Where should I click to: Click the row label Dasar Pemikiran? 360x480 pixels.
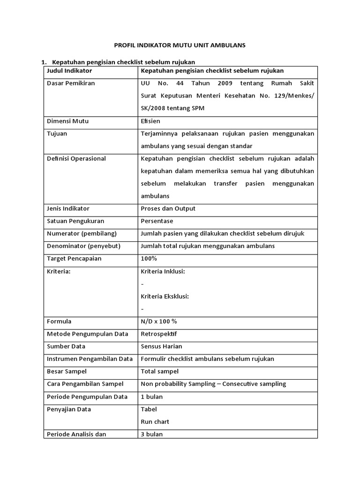[71, 83]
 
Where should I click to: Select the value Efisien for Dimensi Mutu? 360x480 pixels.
[150, 121]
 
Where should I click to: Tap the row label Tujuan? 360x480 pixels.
[57, 134]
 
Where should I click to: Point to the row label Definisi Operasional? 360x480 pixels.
[76, 158]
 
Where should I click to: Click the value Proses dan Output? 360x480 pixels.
[168, 209]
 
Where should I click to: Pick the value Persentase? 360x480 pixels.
[157, 221]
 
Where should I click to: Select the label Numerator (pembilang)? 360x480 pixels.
[82, 233]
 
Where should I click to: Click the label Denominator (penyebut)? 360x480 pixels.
[84, 246]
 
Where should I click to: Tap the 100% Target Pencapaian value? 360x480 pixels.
[149, 258]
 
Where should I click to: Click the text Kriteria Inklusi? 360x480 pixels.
[163, 271]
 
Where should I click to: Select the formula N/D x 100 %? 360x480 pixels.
[159, 322]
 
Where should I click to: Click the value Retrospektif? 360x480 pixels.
[159, 334]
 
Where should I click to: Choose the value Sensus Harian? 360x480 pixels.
[162, 346]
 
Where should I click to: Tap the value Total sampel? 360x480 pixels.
[159, 371]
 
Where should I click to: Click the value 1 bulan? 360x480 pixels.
[152, 397]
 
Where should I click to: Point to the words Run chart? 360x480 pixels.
[155, 421]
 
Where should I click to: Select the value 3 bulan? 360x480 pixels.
[152, 434]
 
